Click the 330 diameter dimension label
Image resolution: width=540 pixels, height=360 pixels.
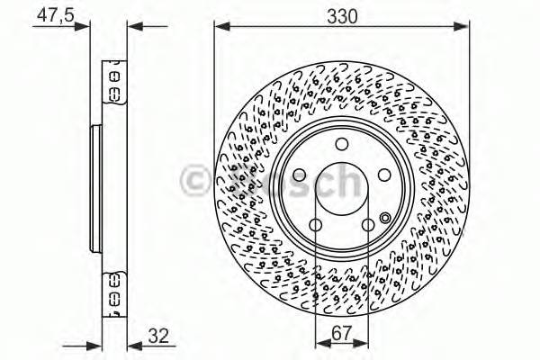[343, 15]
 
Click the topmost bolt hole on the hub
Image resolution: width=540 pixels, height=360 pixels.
[341, 146]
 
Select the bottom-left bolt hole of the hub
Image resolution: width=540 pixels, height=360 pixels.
[315, 227]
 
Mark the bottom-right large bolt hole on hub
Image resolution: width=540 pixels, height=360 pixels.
[368, 227]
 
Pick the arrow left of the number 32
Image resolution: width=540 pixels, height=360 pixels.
[133, 344]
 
